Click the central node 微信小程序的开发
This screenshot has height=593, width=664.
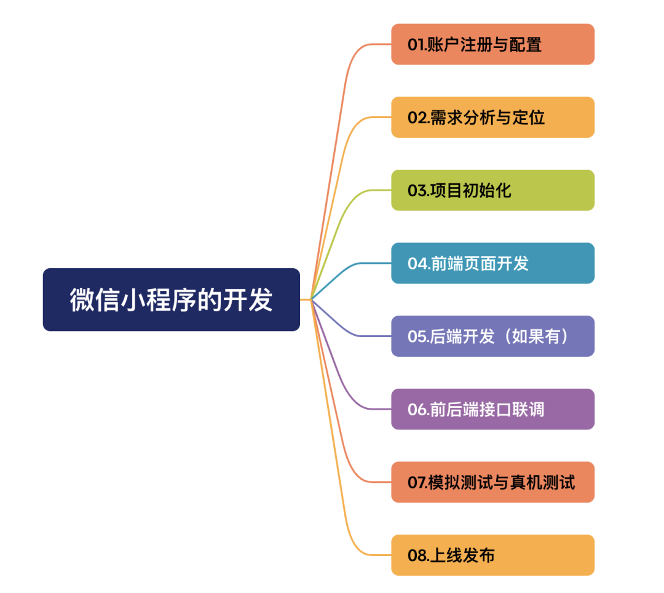point(171,300)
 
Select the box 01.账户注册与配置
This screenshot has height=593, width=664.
point(492,44)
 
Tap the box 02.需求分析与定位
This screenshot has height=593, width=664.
point(492,117)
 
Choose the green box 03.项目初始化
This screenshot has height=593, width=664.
point(492,190)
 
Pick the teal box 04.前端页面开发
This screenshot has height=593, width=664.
point(492,263)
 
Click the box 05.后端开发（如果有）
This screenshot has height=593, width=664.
point(492,336)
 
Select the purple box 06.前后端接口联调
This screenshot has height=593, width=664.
point(492,409)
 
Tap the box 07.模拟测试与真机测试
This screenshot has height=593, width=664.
point(492,482)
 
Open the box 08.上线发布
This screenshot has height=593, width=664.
point(492,555)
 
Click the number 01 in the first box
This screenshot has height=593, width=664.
point(416,45)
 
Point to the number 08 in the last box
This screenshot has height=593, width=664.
point(416,555)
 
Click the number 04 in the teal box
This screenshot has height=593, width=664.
point(416,264)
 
